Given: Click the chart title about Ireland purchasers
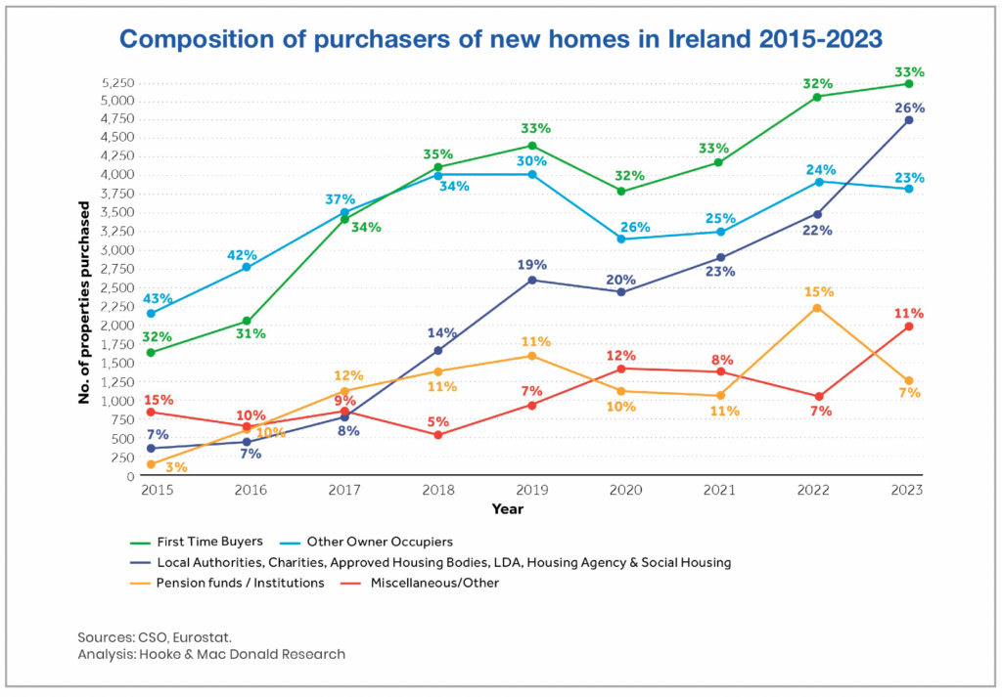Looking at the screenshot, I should (500, 39).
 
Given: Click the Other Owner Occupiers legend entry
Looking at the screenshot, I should (380, 541).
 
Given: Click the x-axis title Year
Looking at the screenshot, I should (508, 509).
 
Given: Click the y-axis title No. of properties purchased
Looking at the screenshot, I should (85, 303).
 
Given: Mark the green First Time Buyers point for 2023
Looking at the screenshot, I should (909, 84).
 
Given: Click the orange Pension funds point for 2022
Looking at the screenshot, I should (815, 308).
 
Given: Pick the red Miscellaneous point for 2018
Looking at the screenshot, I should (438, 434).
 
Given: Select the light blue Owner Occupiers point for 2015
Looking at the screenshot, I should (150, 314).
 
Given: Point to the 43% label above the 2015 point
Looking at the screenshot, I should (158, 298).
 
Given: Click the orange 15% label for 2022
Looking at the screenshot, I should (816, 292).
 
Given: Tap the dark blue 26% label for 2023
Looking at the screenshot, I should (909, 108).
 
